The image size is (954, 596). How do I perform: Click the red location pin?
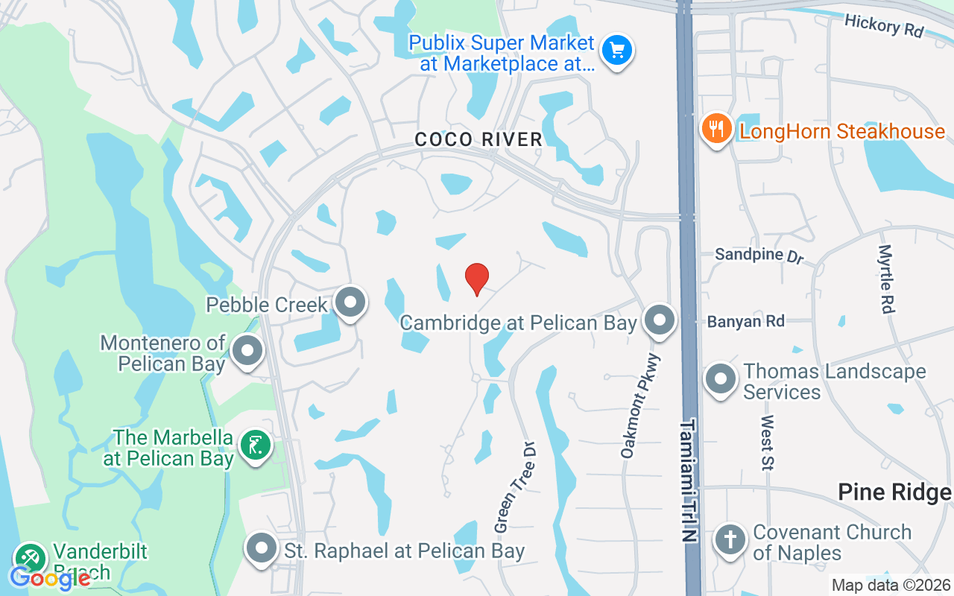[x=477, y=279]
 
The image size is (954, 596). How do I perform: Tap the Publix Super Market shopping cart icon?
[x=617, y=51]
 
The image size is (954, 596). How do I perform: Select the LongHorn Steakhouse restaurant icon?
[x=715, y=130]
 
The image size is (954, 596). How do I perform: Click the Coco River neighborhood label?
[x=478, y=139]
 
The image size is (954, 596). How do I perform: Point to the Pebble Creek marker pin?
[x=350, y=302]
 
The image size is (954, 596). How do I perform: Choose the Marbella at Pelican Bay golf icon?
[x=256, y=446]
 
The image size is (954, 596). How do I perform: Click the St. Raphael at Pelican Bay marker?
[x=261, y=549]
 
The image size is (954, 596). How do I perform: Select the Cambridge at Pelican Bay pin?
[x=659, y=321]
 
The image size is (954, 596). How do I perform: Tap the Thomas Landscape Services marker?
[x=720, y=380]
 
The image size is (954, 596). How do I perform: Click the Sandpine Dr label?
[x=759, y=255]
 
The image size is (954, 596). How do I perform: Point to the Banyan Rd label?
[x=745, y=321]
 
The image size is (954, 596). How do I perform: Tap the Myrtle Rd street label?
[x=886, y=279]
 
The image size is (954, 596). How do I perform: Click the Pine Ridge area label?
[x=894, y=492]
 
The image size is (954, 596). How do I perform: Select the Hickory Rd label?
[x=884, y=26]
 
